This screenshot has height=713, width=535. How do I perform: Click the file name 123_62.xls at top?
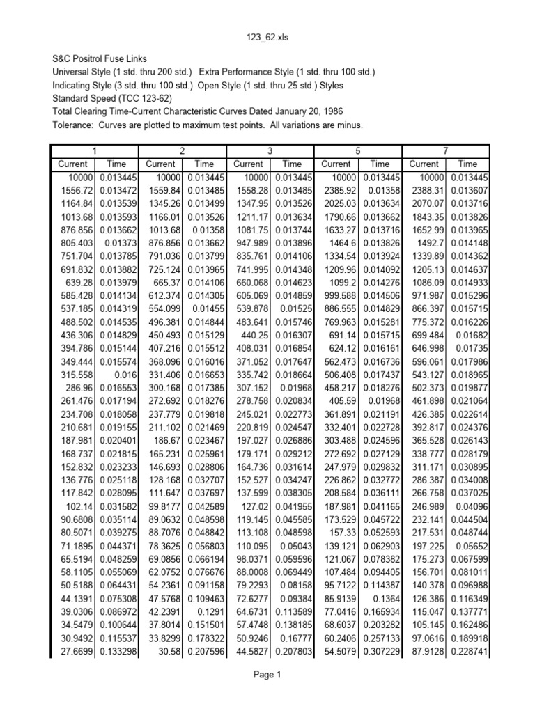pos(267,38)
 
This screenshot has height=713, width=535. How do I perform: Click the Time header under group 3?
pos(292,164)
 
